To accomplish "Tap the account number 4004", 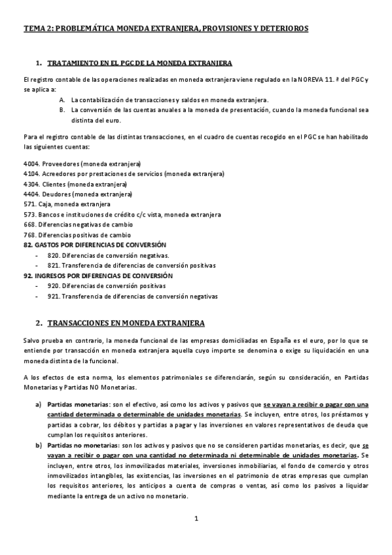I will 29,163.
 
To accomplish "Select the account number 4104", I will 29,173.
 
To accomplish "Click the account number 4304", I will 29,184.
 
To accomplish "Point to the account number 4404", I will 29,194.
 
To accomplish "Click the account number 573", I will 28,214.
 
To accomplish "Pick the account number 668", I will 28,224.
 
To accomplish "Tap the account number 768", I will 28,234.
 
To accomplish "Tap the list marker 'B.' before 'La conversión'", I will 62,110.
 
